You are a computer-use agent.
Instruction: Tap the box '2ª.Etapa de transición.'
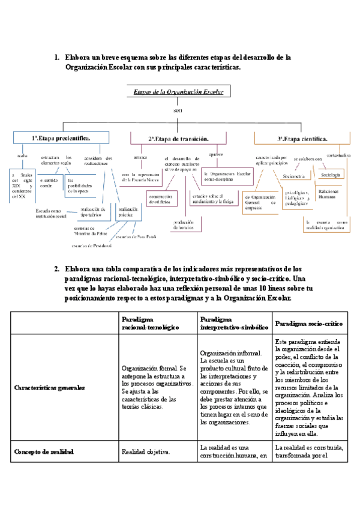click(x=178, y=139)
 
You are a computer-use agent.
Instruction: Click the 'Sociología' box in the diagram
click(x=331, y=175)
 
